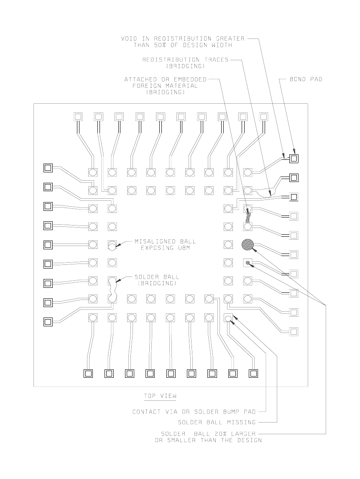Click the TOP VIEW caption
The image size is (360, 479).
pos(160,395)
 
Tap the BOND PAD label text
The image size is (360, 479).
pos(306,79)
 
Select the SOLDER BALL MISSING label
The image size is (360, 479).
pos(217,422)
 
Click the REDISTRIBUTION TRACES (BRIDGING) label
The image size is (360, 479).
pos(185,63)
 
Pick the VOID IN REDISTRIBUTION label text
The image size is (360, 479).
pos(183,41)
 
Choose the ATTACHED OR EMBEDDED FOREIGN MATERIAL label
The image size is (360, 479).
pos(165,86)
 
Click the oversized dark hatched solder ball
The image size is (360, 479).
pos(248,245)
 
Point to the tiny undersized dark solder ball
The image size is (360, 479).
pos(248,263)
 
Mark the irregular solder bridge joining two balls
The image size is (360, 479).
pos(112,289)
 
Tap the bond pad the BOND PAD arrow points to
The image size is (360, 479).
pos(294,159)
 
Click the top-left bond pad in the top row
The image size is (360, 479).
pos(78,116)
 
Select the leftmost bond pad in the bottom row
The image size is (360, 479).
pos(88,374)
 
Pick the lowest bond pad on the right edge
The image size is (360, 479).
pos(294,332)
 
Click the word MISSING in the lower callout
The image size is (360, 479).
pos(241,422)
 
